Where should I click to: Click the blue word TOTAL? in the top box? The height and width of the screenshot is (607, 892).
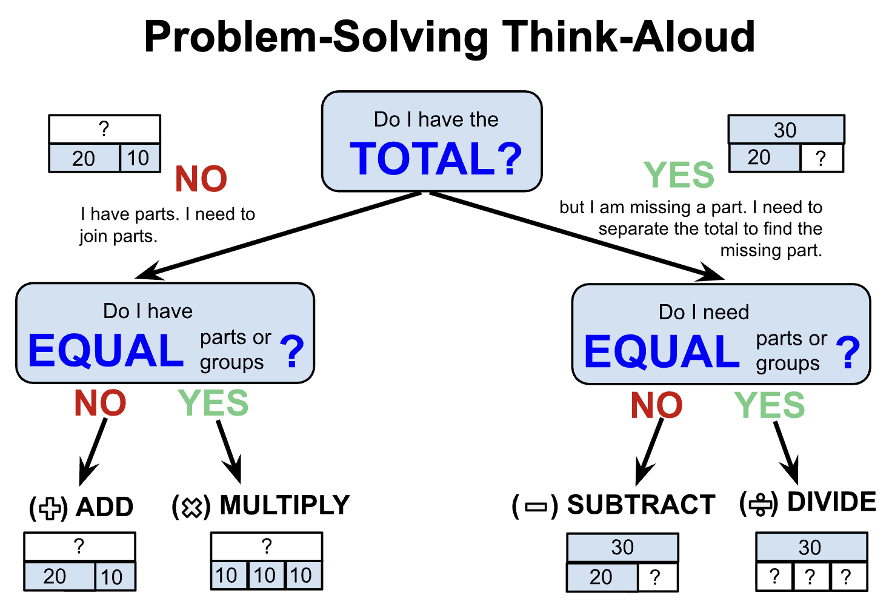[x=436, y=159]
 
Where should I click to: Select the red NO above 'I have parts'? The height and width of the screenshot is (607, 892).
[x=201, y=179]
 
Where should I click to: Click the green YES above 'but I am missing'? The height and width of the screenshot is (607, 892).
[x=679, y=175]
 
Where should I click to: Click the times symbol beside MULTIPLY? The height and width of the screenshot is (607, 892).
[x=191, y=506]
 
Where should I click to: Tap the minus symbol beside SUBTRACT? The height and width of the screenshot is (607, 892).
[x=535, y=506]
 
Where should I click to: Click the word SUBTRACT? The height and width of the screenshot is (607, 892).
[x=641, y=505]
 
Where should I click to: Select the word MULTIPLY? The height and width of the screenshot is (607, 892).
[x=285, y=505]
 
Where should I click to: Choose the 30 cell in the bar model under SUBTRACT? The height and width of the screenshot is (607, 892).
[x=622, y=548]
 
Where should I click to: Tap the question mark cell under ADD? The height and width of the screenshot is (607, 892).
[x=79, y=546]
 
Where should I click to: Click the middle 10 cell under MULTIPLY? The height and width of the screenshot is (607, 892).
[x=265, y=575]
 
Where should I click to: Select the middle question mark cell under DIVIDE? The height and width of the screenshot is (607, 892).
[x=810, y=576]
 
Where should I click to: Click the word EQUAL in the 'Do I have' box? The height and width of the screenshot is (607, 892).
[x=106, y=351]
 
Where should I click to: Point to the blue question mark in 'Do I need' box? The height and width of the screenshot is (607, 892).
[x=848, y=353]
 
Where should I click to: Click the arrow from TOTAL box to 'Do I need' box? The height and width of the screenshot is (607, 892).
[x=576, y=236]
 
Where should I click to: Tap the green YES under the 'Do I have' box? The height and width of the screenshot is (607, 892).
[x=213, y=403]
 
